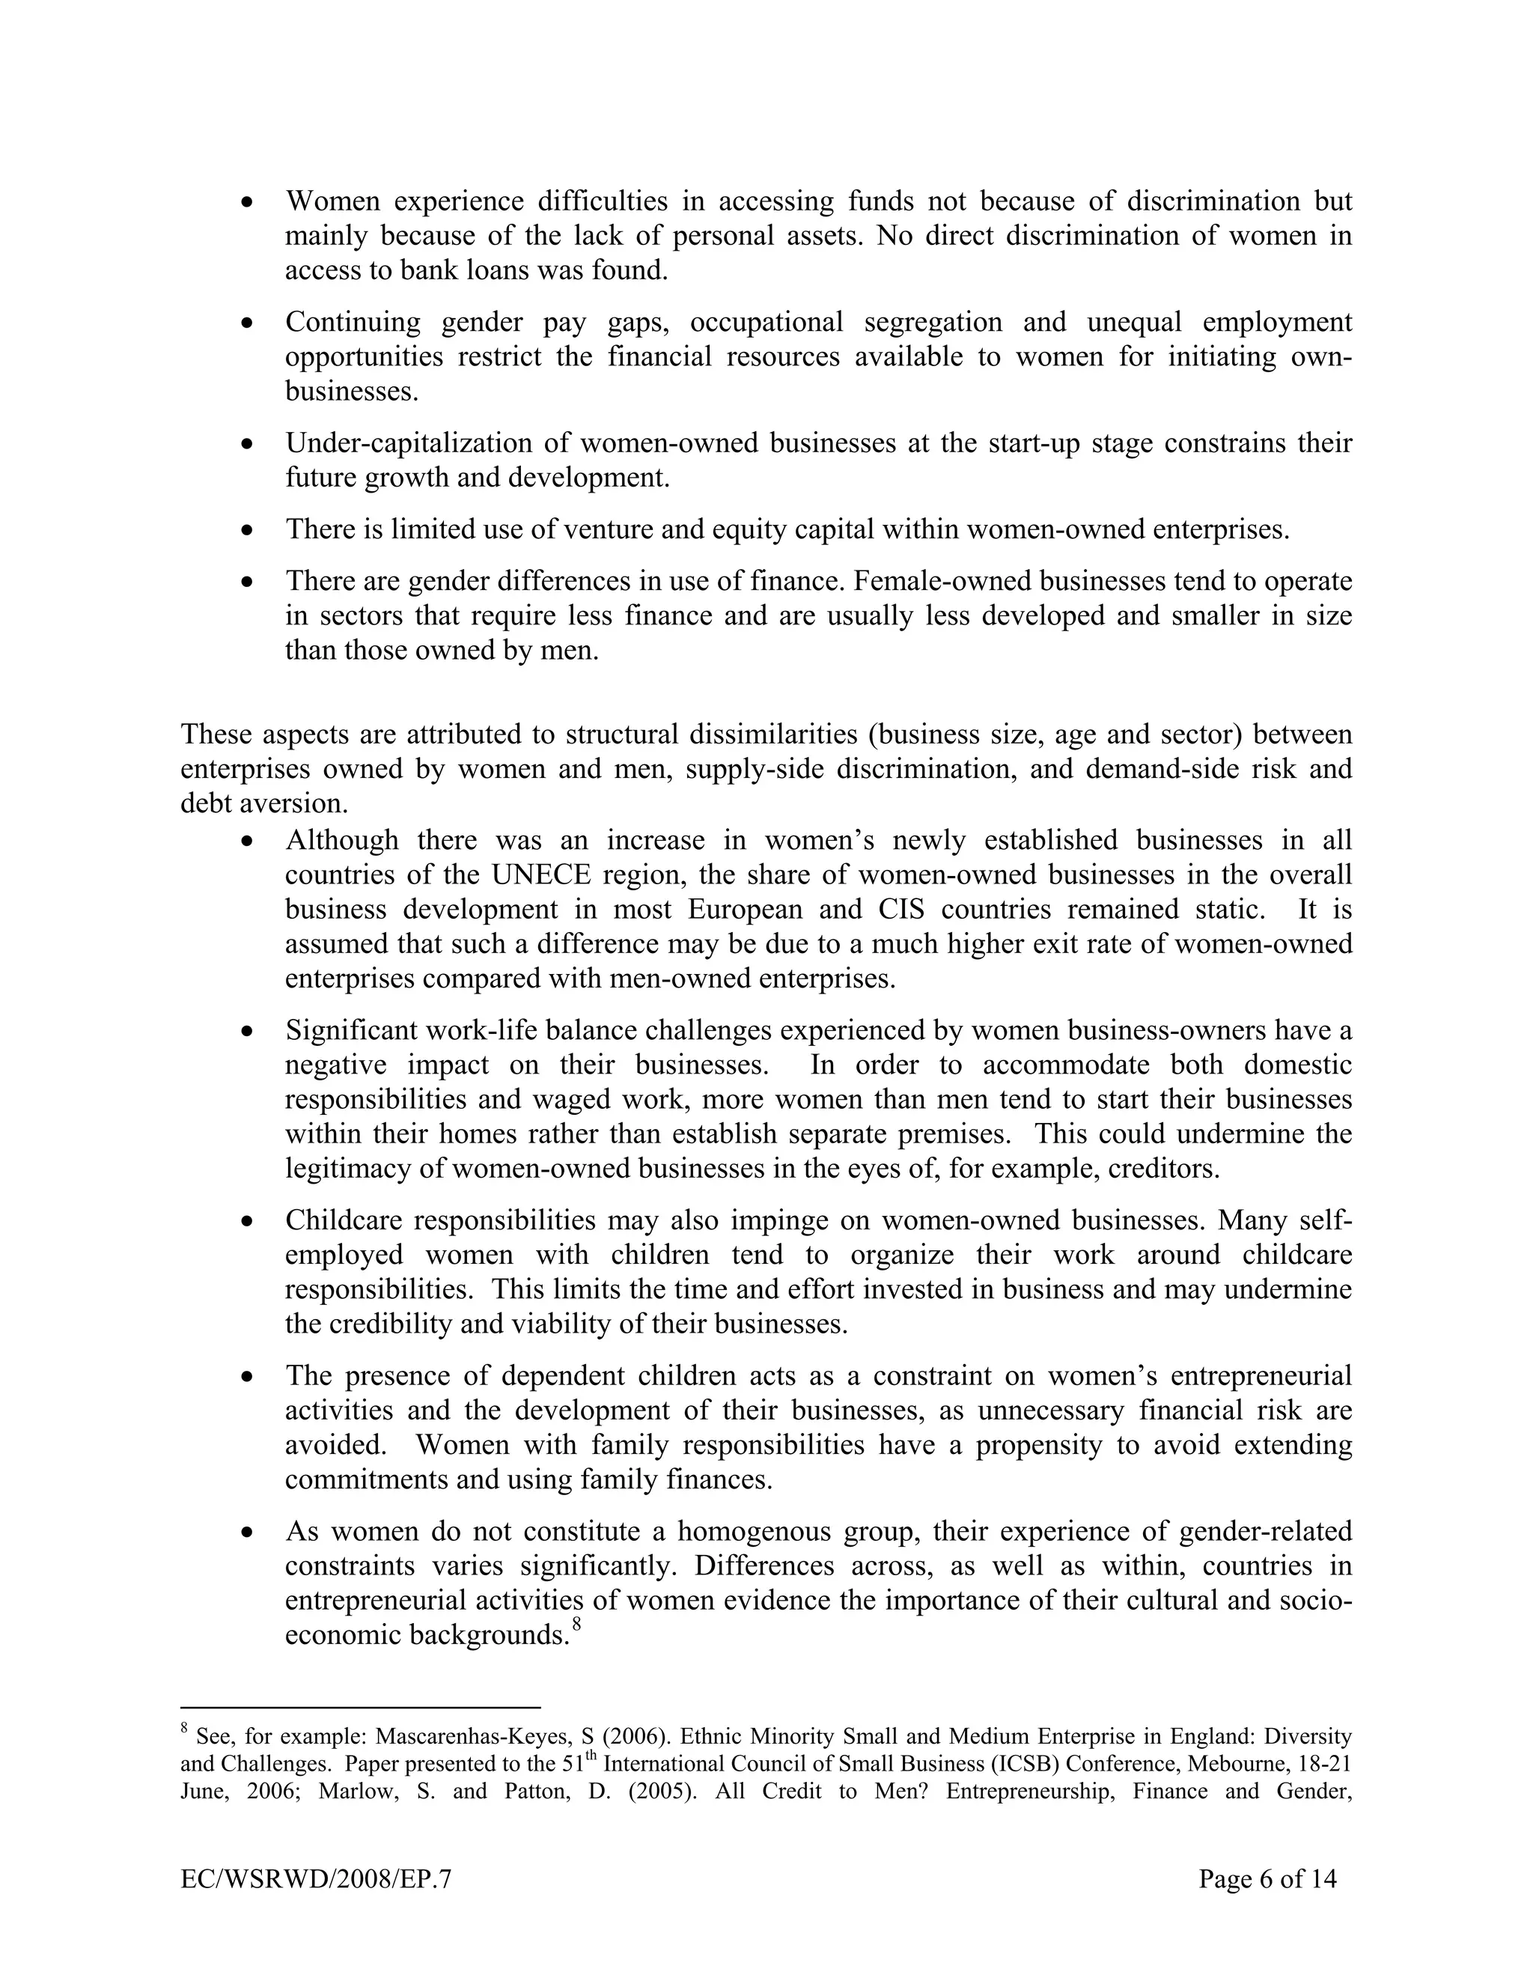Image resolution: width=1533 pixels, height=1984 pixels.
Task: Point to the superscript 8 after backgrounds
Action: (576, 1625)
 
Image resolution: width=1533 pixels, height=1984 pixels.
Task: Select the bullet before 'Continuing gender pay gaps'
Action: (247, 323)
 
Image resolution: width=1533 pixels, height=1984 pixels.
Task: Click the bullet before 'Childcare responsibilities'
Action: (247, 1221)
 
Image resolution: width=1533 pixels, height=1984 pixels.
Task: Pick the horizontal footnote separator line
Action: (361, 1707)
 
